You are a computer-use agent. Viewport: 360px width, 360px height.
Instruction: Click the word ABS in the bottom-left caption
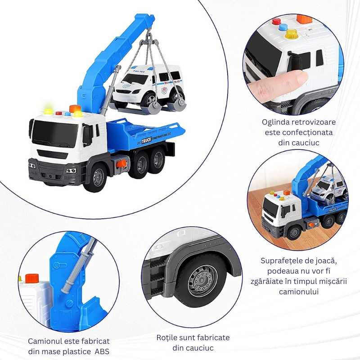click(x=102, y=351)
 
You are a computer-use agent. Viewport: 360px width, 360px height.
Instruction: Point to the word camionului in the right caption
click(x=299, y=292)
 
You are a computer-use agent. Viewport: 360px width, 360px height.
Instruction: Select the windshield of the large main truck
click(x=54, y=134)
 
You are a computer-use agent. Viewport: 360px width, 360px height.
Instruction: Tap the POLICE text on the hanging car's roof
click(x=139, y=72)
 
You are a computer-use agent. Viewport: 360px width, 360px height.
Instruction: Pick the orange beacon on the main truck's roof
click(x=75, y=108)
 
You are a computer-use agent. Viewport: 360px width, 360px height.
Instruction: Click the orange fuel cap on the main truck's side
click(x=121, y=164)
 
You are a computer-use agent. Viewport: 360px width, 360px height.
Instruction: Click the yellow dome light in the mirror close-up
click(x=291, y=34)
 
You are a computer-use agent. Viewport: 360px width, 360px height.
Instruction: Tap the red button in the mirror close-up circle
click(x=277, y=21)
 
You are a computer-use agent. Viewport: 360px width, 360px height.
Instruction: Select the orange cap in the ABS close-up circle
click(x=32, y=279)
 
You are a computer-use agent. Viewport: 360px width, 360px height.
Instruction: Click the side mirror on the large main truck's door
click(x=87, y=135)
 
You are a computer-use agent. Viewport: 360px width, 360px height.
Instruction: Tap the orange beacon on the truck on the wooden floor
click(x=287, y=193)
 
